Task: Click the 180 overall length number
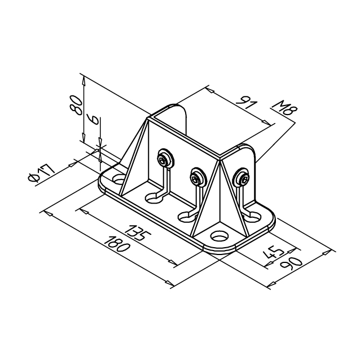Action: coord(117,244)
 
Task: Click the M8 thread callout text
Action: coord(284,109)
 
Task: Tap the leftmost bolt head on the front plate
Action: coord(165,159)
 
